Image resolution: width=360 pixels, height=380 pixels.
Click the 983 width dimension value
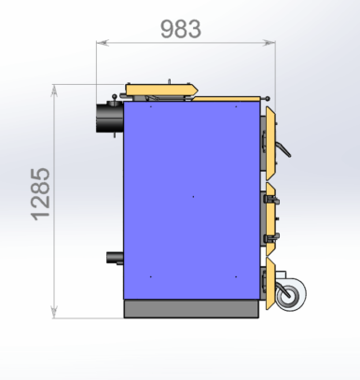tap(181, 29)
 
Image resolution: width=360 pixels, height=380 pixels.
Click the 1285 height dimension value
tap(41, 194)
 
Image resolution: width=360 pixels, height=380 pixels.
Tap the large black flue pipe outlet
tap(110, 118)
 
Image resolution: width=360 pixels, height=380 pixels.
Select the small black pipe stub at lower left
tap(115, 258)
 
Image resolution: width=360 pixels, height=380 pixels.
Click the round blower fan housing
tap(291, 294)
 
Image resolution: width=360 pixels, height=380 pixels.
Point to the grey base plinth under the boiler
tap(191, 309)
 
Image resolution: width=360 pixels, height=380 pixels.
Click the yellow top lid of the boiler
tap(162, 90)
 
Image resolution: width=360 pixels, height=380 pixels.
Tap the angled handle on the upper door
tap(284, 149)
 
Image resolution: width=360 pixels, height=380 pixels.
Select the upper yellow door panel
tap(270, 144)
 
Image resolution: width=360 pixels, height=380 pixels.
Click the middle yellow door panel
tap(270, 219)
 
